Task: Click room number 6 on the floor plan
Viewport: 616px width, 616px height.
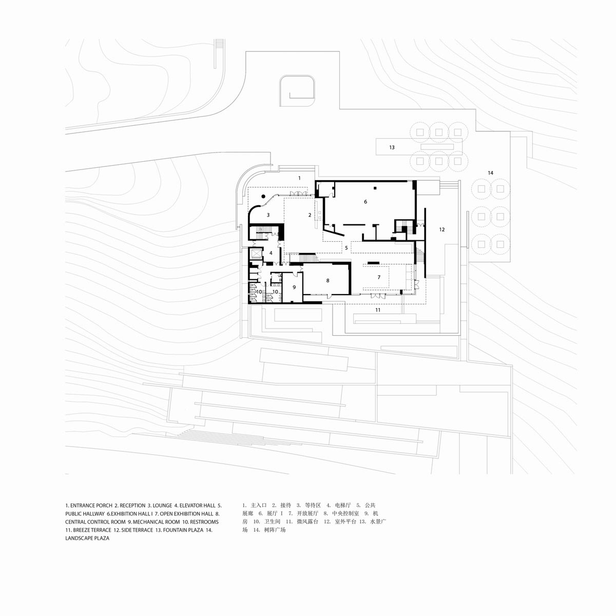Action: click(365, 202)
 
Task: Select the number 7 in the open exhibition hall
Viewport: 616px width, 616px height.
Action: click(379, 277)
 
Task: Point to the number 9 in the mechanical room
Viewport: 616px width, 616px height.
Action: click(294, 287)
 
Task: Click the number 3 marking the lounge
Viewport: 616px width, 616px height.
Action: click(267, 215)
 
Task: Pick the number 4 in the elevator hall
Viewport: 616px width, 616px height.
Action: click(271, 253)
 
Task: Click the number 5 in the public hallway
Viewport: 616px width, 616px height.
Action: click(346, 248)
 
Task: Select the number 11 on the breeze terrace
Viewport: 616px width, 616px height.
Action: click(377, 310)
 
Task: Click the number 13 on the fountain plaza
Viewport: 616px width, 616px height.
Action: click(392, 147)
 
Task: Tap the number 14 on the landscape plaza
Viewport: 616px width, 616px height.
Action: click(490, 173)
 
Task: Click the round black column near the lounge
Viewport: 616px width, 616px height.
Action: click(263, 196)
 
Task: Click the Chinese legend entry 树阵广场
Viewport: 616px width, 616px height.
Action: click(272, 530)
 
